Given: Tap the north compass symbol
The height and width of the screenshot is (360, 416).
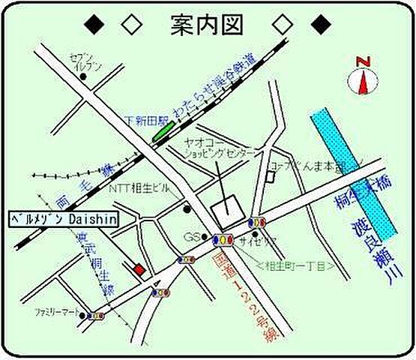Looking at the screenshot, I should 364,78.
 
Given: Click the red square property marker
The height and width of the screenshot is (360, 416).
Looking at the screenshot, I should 138,268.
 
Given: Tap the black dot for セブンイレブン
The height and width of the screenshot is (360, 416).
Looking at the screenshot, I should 83,76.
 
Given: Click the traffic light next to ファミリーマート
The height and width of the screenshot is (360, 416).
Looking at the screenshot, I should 95,316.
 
